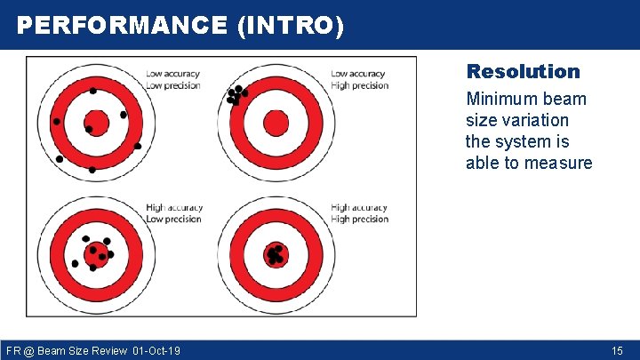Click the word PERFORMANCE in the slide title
pos(122,26)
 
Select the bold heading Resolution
pos(523,71)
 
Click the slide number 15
pos(617,351)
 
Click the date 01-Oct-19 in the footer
pos(156,351)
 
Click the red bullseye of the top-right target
pos(276,123)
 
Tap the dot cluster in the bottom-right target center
pos(276,255)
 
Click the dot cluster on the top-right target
pos(236,94)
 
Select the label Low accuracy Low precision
pos(172,80)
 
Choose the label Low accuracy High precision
pos(359,80)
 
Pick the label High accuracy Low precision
pos(174,213)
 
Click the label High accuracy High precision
pos(359,213)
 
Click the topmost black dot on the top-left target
pos(93,91)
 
